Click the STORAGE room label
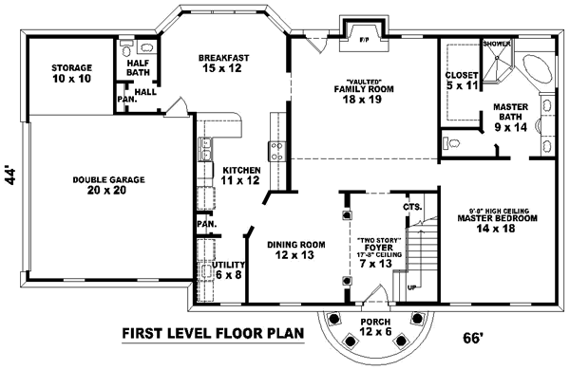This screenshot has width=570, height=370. [x=71, y=73]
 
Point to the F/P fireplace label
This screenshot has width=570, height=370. [x=364, y=40]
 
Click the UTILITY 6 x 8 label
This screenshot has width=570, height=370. [x=227, y=269]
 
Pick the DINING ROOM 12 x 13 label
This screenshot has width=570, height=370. [x=295, y=250]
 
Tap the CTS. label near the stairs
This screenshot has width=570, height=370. [x=411, y=207]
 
